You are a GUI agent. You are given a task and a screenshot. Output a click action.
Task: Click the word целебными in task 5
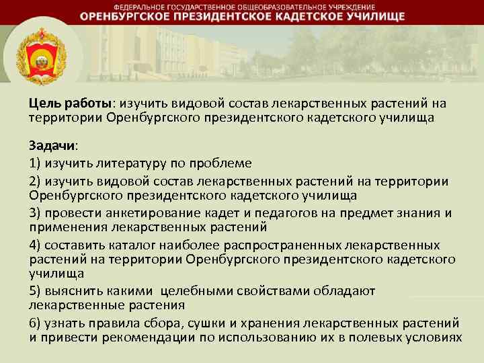pos(198,290)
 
